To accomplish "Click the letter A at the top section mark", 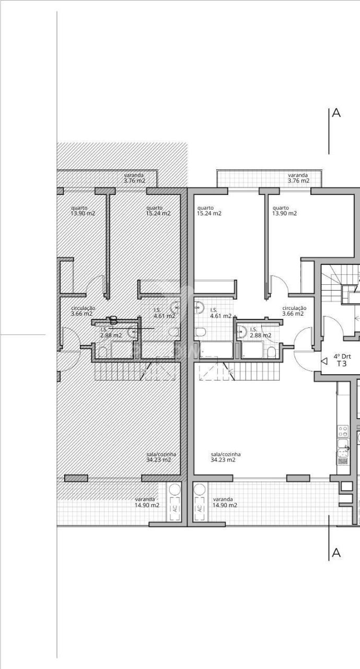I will [x=336, y=113].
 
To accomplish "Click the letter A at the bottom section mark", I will [x=336, y=552].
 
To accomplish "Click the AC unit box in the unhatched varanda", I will [x=199, y=508].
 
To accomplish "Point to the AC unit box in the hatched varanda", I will [x=175, y=508].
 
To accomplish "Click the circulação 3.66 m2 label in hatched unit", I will [x=83, y=311].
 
